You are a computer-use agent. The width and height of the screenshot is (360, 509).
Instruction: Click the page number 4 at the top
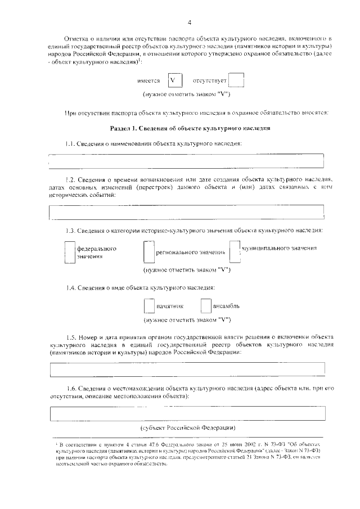189,22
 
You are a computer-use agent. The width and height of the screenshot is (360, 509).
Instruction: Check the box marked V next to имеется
173,81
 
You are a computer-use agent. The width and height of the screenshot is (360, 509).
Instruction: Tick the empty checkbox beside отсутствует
236,81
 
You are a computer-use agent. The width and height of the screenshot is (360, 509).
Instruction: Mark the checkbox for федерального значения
69,252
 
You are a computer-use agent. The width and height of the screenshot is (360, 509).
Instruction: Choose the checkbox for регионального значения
149,252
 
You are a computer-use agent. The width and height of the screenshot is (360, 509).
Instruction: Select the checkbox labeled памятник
149,305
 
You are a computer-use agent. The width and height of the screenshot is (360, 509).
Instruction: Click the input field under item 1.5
187,369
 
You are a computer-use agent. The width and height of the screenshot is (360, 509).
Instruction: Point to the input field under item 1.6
187,413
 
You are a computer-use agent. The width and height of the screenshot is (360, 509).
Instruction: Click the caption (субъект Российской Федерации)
188,428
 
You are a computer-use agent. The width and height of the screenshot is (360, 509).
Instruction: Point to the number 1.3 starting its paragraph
70,231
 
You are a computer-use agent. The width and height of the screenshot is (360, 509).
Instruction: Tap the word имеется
148,81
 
